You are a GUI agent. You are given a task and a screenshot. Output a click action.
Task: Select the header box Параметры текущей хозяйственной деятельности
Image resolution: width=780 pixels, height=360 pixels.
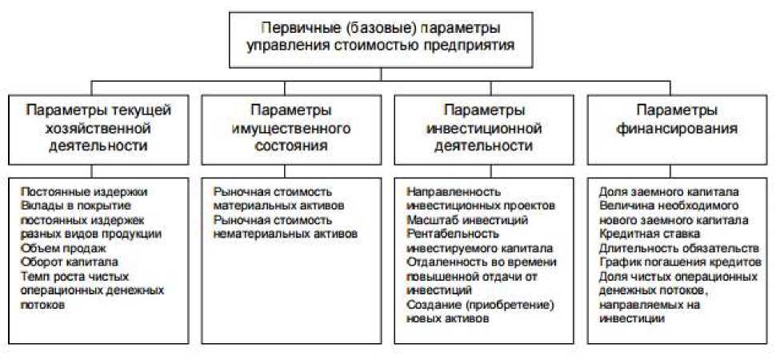click(97, 127)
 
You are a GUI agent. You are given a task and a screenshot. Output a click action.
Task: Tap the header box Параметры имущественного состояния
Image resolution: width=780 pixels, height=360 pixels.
click(290, 127)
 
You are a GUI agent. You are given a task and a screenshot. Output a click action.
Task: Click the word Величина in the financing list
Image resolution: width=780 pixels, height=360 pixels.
click(625, 206)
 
